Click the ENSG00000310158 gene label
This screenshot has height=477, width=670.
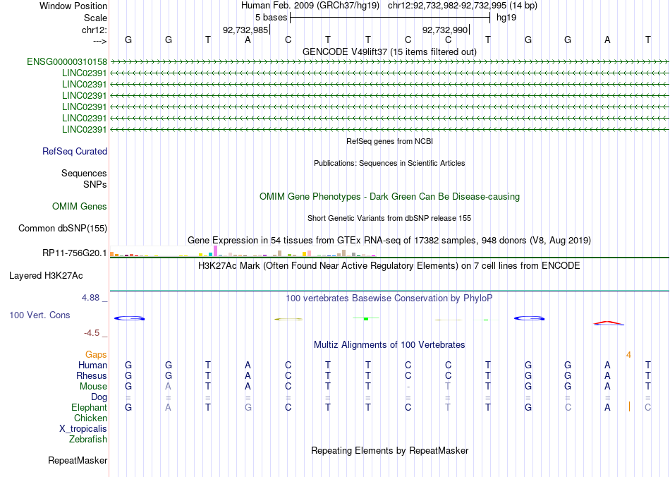[67, 62]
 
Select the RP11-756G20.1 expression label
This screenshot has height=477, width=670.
[75, 253]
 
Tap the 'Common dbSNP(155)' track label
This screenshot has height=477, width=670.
[63, 228]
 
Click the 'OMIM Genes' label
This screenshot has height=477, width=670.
[80, 207]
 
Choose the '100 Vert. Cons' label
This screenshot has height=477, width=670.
[40, 315]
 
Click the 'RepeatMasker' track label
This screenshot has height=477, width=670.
[78, 461]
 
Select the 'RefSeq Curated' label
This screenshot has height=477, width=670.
[75, 151]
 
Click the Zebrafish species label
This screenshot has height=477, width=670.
[88, 439]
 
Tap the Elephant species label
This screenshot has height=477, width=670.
[89, 407]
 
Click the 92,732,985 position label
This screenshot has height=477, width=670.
[245, 30]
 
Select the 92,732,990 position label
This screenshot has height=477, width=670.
[444, 30]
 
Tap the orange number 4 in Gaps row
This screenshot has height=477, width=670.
[628, 354]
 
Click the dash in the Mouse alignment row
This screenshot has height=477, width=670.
[408, 386]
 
